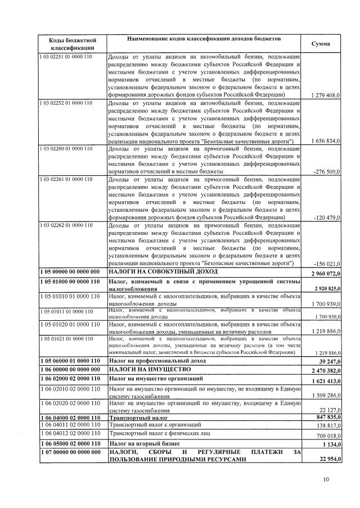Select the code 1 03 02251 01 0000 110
65,57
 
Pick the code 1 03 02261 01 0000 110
65,180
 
